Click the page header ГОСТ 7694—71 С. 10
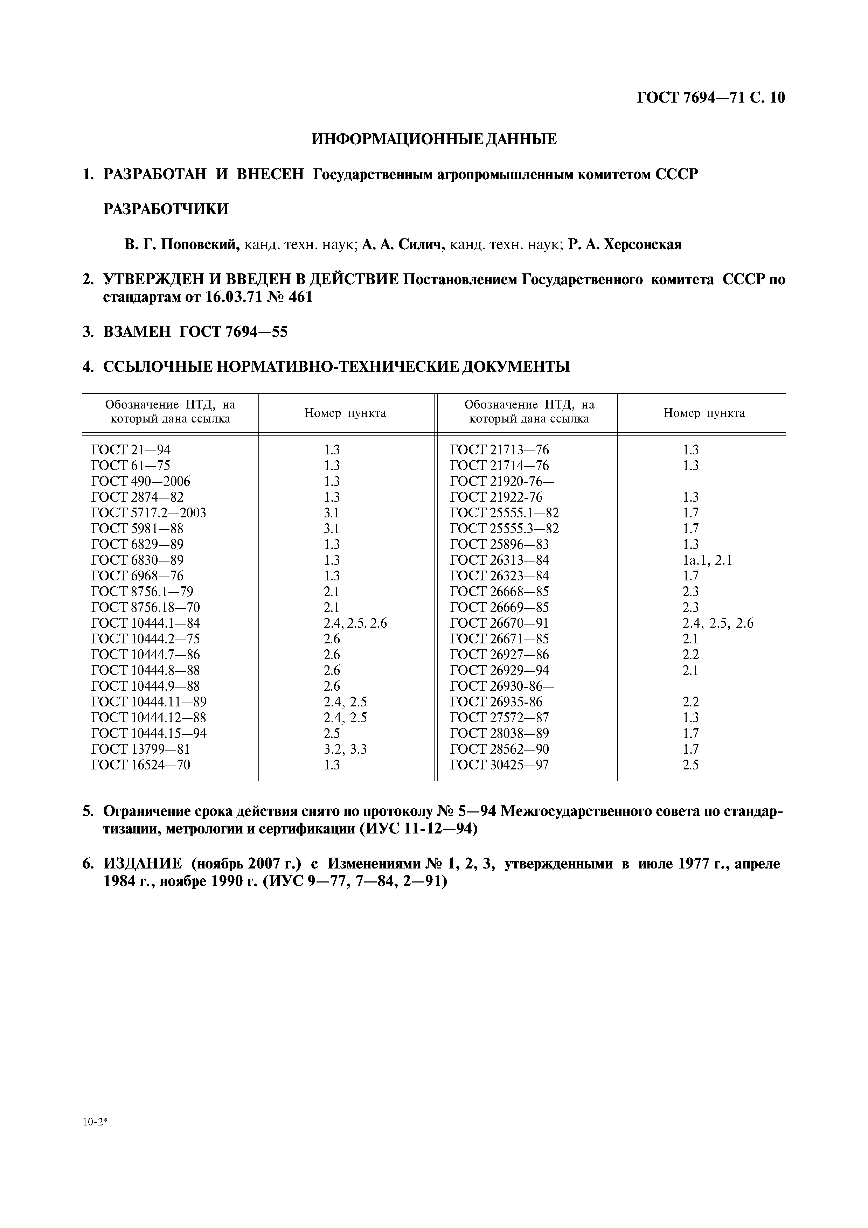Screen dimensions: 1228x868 (711, 98)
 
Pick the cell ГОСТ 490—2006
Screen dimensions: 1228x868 (141, 481)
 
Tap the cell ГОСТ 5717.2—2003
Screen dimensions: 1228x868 (149, 513)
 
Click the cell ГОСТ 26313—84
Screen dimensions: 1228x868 (500, 560)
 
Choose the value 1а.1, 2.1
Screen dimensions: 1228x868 (707, 560)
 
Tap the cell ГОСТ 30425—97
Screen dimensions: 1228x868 (500, 765)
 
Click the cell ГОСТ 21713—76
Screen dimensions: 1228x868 (500, 450)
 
